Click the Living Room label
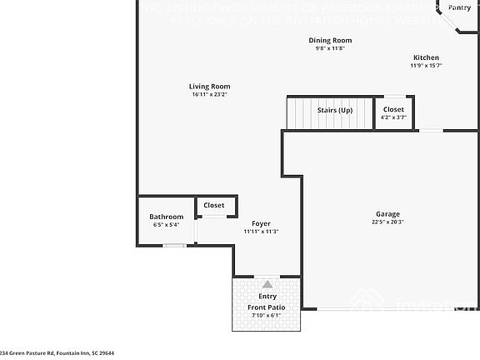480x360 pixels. tap(209, 87)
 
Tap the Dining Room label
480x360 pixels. tap(331, 40)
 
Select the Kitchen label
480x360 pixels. tap(426, 57)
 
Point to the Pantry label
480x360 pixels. tap(459, 7)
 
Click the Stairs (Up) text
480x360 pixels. tap(335, 110)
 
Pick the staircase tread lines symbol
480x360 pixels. tap(300, 113)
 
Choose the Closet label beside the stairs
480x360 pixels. tap(393, 109)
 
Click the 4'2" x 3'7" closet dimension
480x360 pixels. tap(393, 118)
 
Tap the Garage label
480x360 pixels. tap(387, 213)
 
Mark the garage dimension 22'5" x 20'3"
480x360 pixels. tap(387, 222)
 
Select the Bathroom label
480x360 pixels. tap(166, 217)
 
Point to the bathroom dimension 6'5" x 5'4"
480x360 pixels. tap(166, 226)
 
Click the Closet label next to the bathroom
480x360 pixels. tap(214, 205)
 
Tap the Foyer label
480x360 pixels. tap(261, 223)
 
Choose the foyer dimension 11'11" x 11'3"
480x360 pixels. tap(261, 232)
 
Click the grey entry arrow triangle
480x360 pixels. tap(267, 284)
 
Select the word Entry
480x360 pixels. tap(267, 297)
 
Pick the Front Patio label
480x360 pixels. tap(267, 307)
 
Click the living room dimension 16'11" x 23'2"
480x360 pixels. tap(209, 95)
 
